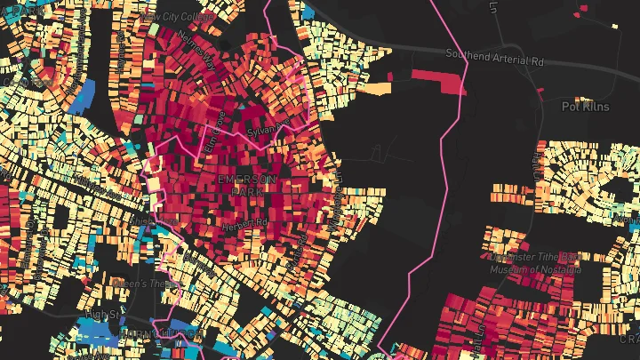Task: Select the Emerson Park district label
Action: (247, 186)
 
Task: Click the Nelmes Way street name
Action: (196, 48)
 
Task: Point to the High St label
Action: (102, 315)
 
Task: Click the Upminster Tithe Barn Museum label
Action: (536, 263)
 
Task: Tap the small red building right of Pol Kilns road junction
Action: (583, 11)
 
